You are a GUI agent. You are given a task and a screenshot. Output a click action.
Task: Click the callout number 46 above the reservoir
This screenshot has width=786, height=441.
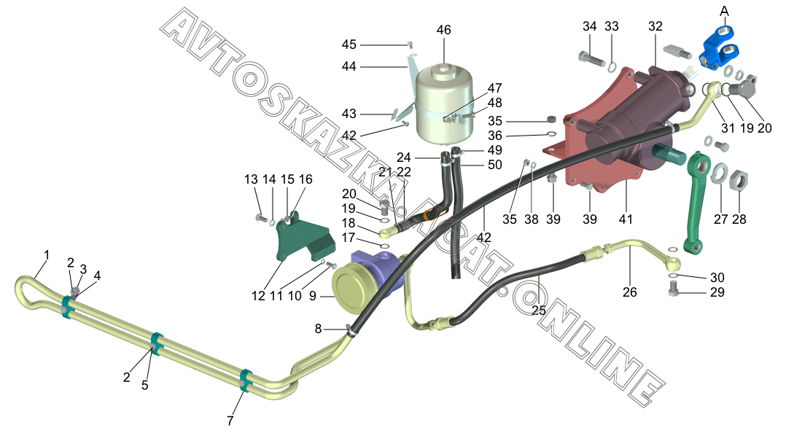pos(443,30)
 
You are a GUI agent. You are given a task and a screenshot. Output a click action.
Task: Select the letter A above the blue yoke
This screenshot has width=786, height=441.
pos(724,10)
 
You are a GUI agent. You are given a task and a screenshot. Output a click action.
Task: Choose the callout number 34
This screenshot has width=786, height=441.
pos(590,26)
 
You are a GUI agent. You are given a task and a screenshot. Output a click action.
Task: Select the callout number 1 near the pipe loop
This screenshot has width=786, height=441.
pos(47,255)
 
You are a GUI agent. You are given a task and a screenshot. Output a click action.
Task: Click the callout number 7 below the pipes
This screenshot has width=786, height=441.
pos(230,421)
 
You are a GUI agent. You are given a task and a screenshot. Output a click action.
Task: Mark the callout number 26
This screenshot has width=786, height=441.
pos(629,292)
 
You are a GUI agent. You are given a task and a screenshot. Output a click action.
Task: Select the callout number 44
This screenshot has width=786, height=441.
pos(349,66)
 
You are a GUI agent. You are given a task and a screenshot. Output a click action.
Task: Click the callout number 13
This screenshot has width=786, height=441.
pos(251,180)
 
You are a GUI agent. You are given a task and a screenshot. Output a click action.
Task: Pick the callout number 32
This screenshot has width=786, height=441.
pos(655,26)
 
